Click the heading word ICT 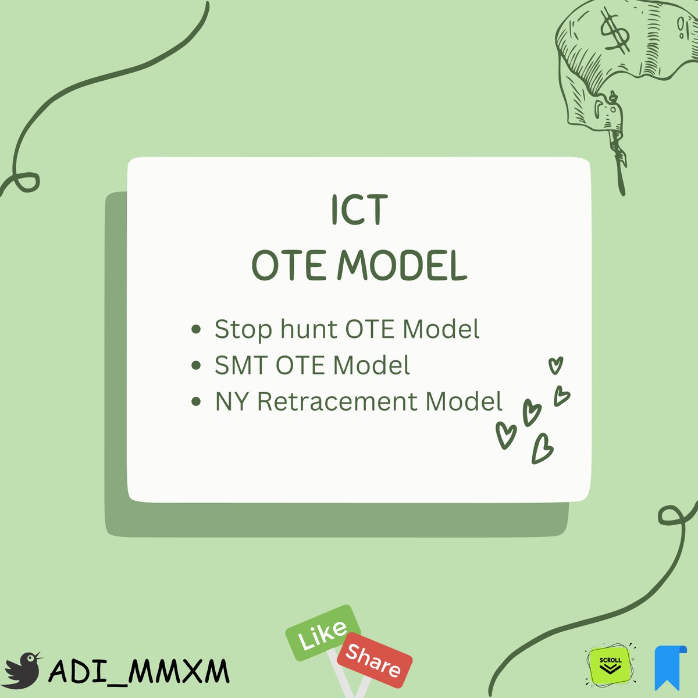[359, 211]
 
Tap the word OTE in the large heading [288, 266]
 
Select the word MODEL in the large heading [403, 266]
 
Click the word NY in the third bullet [232, 402]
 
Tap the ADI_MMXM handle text [140, 672]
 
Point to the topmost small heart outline [556, 365]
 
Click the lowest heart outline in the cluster [542, 449]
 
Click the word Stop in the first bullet [243, 329]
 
